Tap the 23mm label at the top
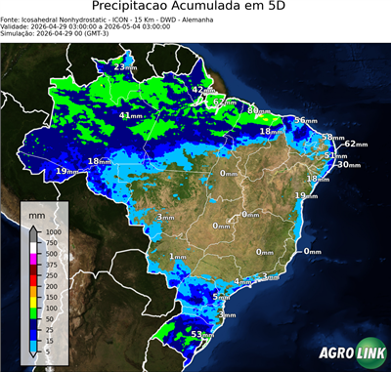point(124,66)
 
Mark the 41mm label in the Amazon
point(130,115)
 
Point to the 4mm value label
point(240,281)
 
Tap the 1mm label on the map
point(177,256)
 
